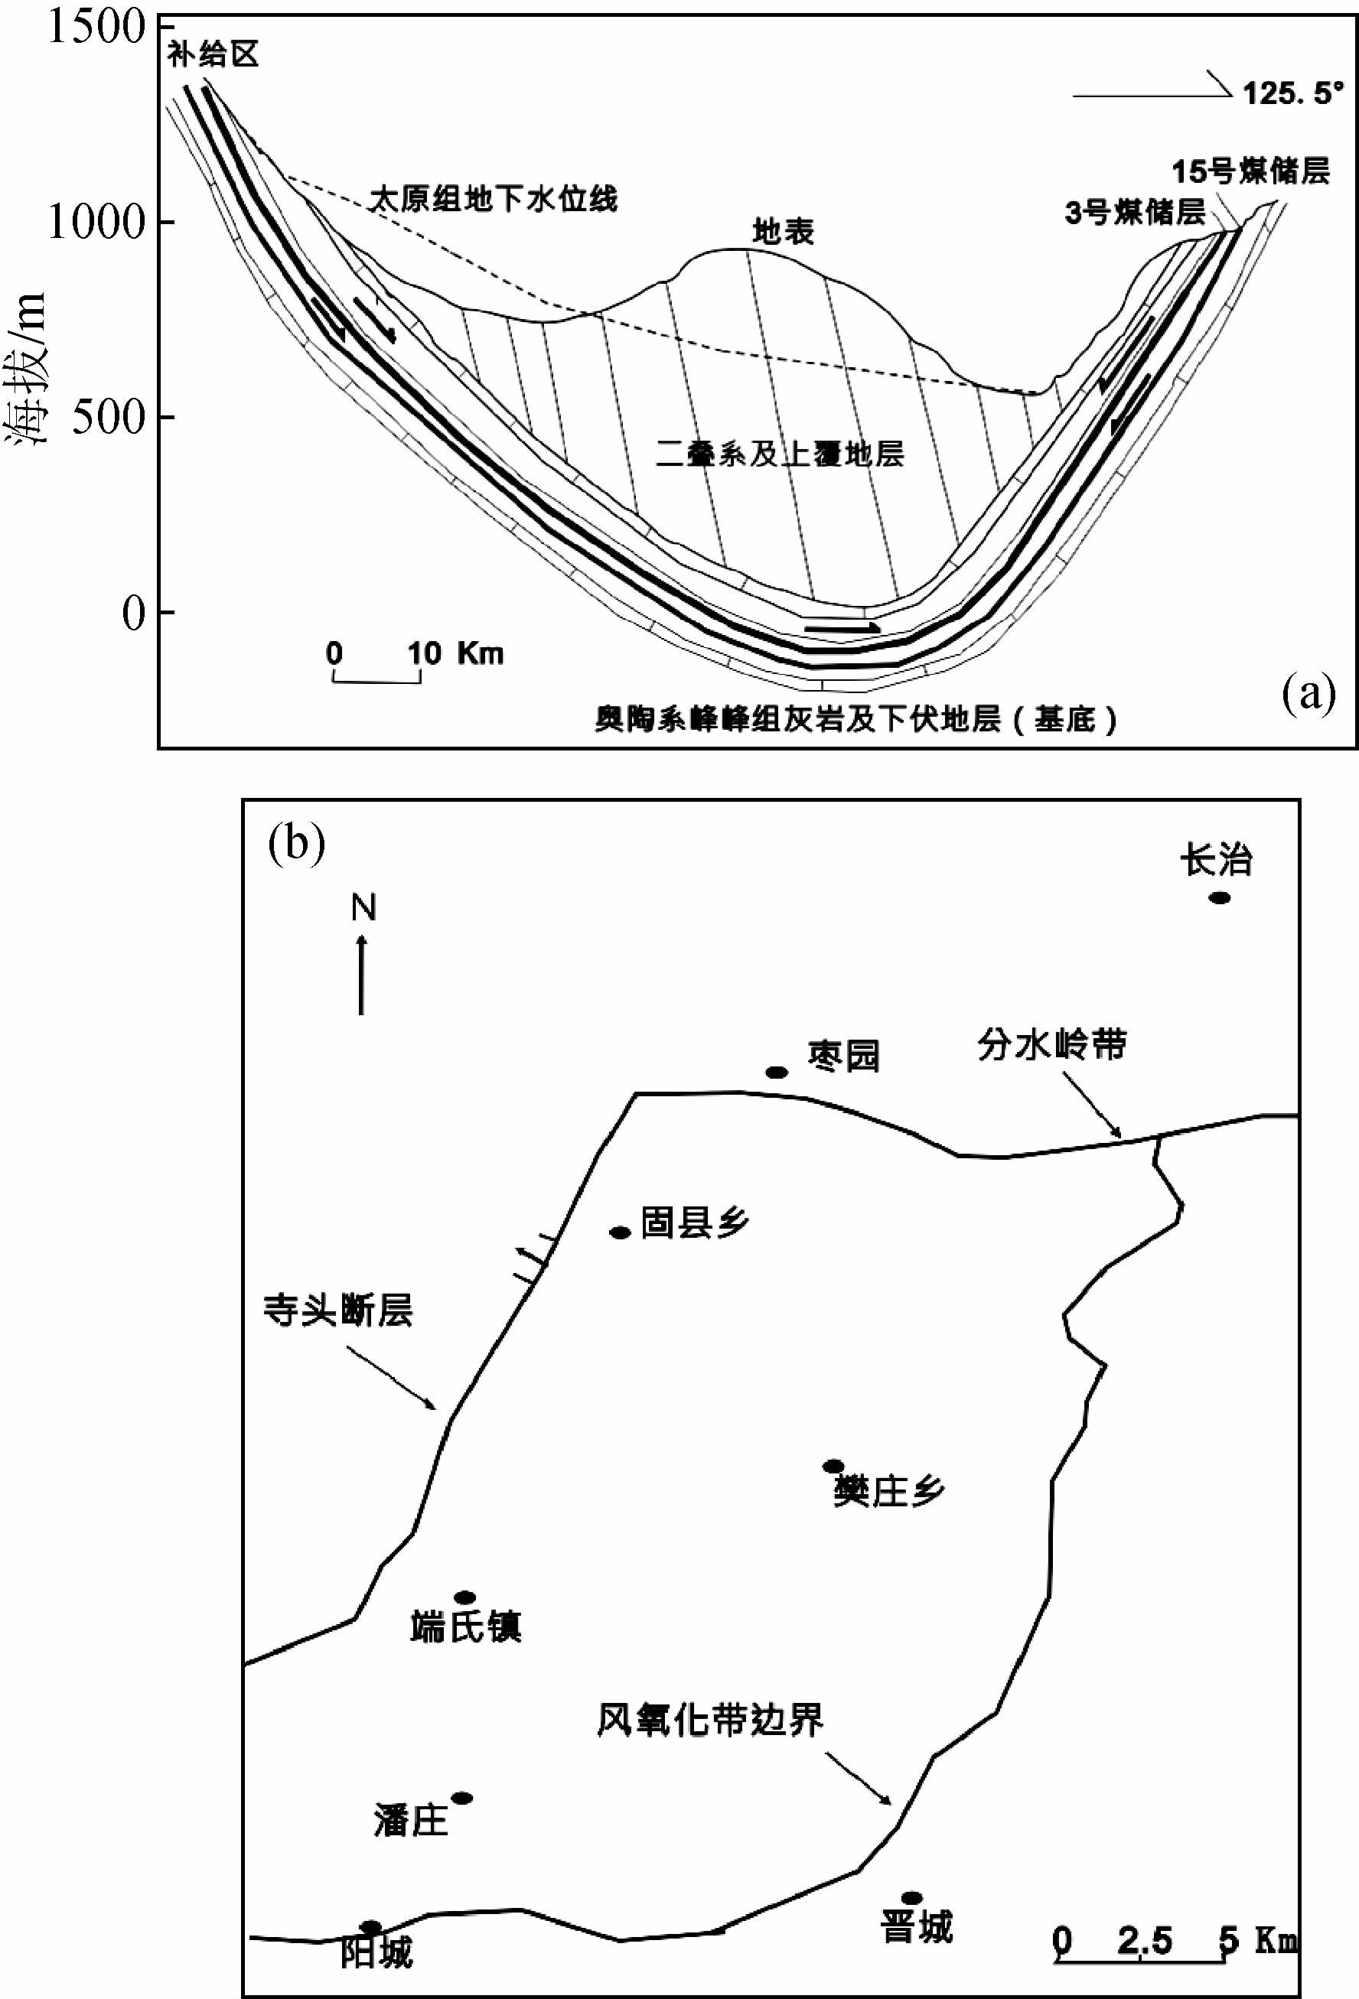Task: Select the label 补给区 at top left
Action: (x=213, y=56)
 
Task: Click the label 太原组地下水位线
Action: (x=494, y=200)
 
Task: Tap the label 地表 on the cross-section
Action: (x=783, y=231)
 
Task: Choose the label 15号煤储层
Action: (x=1250, y=172)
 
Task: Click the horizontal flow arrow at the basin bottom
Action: (x=842, y=629)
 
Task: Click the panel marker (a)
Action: (x=1309, y=695)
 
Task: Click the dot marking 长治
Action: (x=1220, y=898)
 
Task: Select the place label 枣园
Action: (x=844, y=1056)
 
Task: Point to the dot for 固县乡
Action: (x=620, y=1232)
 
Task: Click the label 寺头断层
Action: (x=339, y=1312)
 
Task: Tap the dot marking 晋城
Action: (x=911, y=1898)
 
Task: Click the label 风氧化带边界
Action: (x=710, y=1720)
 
